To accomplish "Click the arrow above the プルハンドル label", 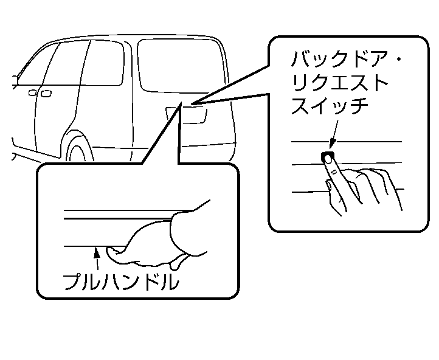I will pyautogui.click(x=96, y=255).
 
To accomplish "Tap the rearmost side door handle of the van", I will pyautogui.click(x=45, y=93).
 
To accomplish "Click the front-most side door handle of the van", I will pyautogui.click(x=32, y=92).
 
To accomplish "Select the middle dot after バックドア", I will pyautogui.click(x=398, y=61).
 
